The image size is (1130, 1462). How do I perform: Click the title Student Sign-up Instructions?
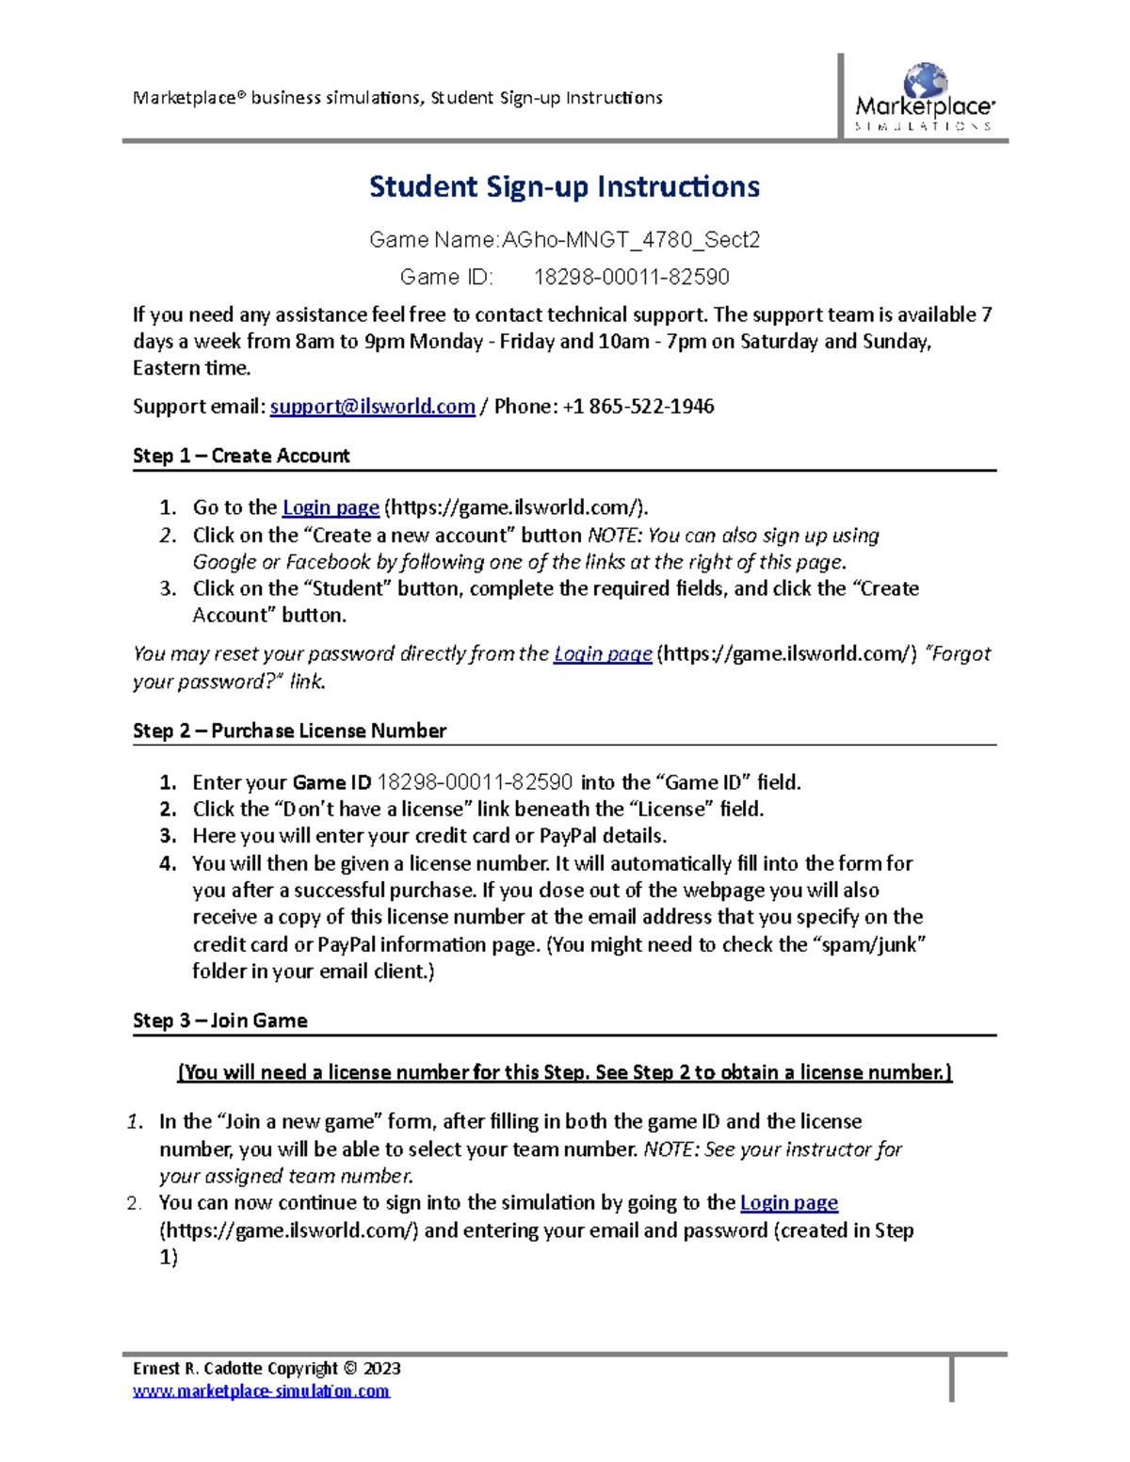(564, 186)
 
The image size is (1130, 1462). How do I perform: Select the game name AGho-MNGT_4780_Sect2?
(630, 240)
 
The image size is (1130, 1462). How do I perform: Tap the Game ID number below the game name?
(631, 277)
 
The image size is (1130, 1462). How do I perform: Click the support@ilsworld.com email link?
(372, 407)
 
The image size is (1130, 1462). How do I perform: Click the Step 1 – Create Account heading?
(241, 456)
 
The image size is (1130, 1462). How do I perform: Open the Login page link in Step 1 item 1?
(331, 507)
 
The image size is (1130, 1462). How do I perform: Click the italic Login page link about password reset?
(603, 653)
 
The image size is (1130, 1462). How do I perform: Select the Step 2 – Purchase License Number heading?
(289, 731)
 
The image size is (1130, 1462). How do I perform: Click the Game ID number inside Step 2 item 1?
(475, 782)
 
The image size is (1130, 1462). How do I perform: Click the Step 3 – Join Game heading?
(220, 1020)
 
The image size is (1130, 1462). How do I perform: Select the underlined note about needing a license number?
(565, 1072)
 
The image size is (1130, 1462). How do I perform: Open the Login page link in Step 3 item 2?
(789, 1202)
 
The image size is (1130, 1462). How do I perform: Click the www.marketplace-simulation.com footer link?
(261, 1390)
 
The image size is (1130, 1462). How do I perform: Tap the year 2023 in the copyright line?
(382, 1368)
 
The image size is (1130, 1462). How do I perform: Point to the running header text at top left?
(397, 98)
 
